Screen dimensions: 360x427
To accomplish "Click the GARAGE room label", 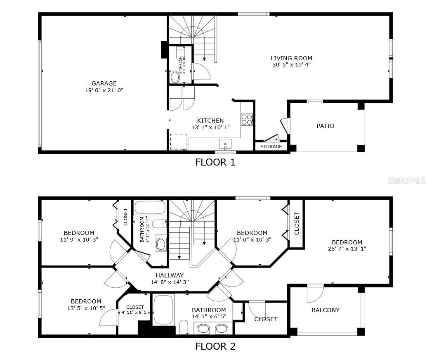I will point(104,83).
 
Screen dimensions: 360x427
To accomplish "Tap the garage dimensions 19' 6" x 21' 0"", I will point(104,90).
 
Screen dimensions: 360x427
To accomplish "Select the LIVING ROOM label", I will point(291,58).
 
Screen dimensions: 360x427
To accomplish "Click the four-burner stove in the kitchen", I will point(247,119).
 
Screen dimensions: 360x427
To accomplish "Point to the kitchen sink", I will point(225,144).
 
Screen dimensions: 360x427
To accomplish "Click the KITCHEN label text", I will point(210,121).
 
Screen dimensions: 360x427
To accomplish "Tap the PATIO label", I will point(326,126).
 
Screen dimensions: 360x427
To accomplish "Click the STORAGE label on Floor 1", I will point(271,147).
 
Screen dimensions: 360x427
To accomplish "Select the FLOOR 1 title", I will point(215,162).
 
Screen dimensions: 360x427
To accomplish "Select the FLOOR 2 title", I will point(215,346).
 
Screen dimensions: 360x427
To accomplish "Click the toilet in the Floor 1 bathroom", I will point(175,77).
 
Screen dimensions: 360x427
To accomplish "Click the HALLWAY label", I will point(170,275).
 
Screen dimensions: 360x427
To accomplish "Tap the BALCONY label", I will point(326,310).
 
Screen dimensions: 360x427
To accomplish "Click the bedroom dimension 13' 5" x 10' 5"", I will point(86,308).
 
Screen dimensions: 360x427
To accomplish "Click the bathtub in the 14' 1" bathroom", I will point(164,310).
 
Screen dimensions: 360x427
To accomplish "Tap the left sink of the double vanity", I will point(203,329).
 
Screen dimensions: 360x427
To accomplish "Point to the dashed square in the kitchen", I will point(179,142).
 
